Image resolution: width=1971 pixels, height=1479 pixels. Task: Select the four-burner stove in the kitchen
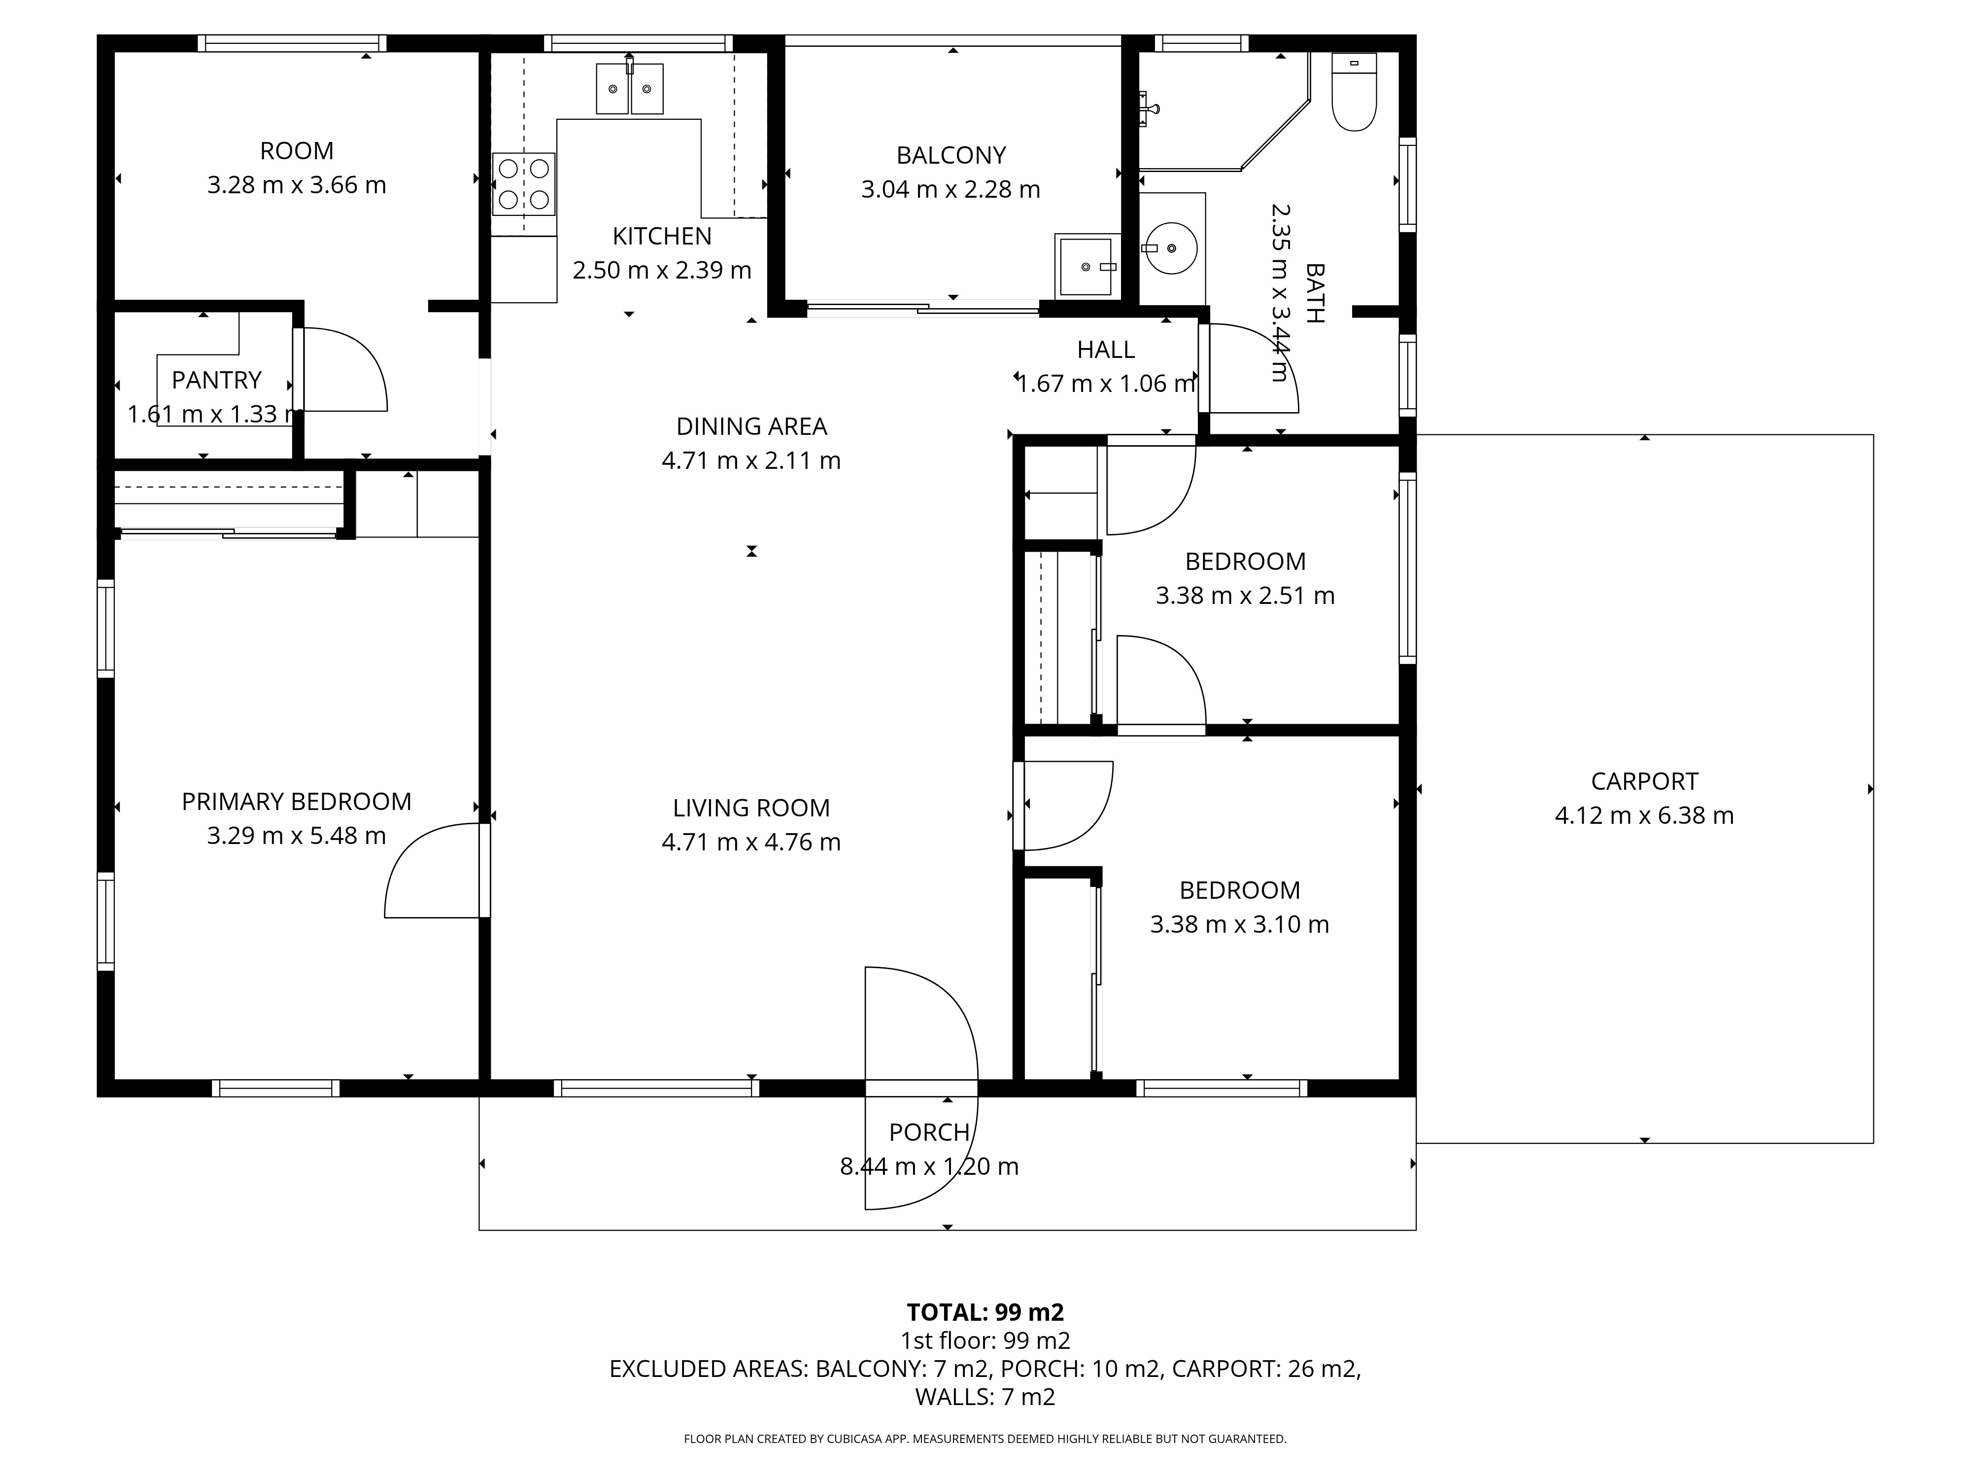point(524,184)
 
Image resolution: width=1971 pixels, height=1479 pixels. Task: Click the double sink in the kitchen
point(629,88)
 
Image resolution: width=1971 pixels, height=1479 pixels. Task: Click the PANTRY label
point(216,381)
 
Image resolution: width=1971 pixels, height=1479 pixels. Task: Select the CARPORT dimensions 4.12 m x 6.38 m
point(1644,816)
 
